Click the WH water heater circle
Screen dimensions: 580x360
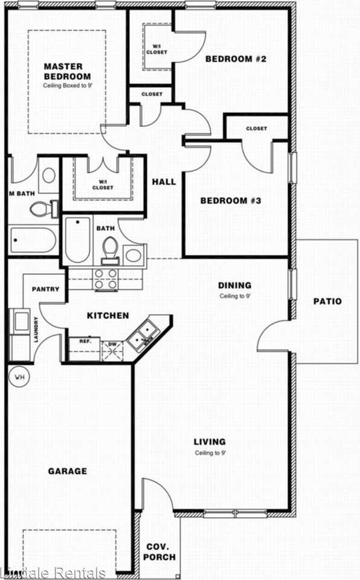coord(19,378)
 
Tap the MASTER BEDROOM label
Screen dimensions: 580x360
coord(67,71)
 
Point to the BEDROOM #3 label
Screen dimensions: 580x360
coord(230,200)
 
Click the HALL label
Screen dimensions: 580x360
coord(164,181)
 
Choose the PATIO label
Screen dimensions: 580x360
coord(327,301)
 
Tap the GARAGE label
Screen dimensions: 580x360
coord(68,471)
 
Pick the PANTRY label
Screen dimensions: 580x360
coord(45,289)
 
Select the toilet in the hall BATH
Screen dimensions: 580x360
coord(110,248)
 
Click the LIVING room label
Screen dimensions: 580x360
coord(210,442)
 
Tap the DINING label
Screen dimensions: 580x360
coord(234,285)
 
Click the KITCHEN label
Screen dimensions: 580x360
coord(108,315)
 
